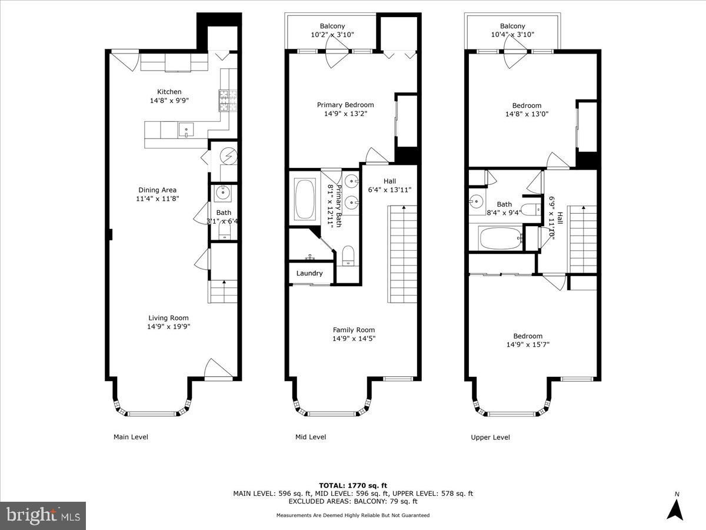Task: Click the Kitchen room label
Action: (169, 92)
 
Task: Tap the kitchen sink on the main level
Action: (187, 130)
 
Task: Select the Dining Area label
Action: (157, 190)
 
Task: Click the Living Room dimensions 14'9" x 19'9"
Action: (168, 327)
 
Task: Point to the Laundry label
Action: (309, 273)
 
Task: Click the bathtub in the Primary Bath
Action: (305, 200)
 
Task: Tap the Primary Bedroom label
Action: (345, 105)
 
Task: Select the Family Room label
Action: (354, 330)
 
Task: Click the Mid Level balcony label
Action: (332, 26)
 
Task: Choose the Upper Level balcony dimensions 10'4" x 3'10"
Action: (512, 34)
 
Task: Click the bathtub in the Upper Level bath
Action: (501, 238)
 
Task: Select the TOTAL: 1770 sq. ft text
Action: (353, 485)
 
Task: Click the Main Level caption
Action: (131, 437)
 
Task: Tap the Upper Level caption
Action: (490, 438)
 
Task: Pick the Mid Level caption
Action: (311, 437)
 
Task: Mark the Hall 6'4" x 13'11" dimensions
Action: (389, 190)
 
